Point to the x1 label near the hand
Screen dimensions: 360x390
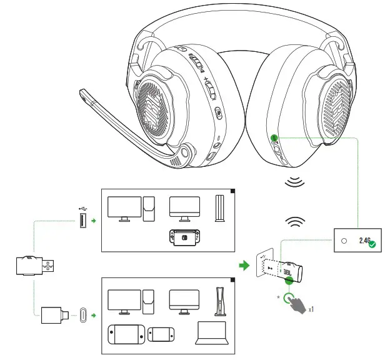click(x=311, y=309)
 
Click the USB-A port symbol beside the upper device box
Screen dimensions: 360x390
click(x=83, y=220)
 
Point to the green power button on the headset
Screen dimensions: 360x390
click(x=274, y=137)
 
